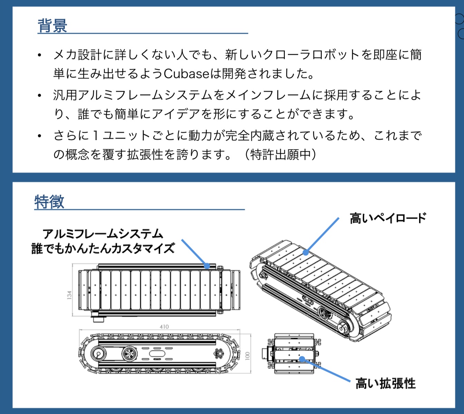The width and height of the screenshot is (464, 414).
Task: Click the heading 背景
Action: (52, 26)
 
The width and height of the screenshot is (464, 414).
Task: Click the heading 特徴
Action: (49, 201)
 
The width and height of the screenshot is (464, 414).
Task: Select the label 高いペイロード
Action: (388, 218)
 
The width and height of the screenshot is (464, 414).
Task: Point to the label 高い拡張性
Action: (386, 383)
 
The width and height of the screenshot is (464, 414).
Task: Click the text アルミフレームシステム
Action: (103, 234)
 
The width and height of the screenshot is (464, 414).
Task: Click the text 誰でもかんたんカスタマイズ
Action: (103, 248)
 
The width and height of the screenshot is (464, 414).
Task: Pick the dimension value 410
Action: (164, 327)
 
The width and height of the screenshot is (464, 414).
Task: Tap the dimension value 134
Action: (69, 295)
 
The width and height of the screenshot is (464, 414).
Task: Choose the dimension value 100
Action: (247, 356)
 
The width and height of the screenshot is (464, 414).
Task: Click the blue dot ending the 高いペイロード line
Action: (306, 253)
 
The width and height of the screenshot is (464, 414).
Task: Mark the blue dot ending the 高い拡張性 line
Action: (302, 359)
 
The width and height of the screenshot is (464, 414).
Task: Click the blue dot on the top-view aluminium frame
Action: (207, 266)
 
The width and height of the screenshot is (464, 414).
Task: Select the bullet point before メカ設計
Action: (40, 55)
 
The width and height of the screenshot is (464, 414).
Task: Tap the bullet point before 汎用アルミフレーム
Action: (40, 95)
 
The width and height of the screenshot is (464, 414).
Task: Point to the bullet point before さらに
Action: (40, 136)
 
